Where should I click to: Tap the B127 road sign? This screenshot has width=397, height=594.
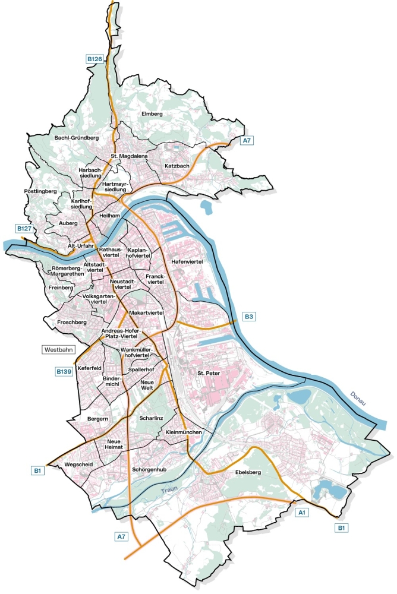coord(24,229)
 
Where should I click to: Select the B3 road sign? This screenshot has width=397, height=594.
coord(248,317)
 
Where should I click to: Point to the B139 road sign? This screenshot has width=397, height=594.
coord(64,371)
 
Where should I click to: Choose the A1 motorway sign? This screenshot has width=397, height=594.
coord(302,511)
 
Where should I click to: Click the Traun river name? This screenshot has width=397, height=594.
coord(169,491)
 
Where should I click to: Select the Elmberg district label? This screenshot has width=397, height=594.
coord(152,113)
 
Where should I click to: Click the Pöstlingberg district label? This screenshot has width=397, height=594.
coord(40,191)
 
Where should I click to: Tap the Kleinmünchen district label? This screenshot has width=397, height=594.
coord(184,432)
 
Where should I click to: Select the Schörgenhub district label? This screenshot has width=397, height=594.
coord(148,469)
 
